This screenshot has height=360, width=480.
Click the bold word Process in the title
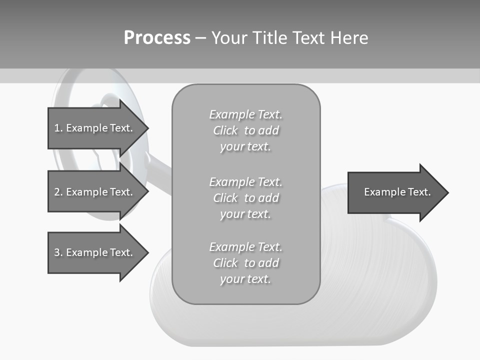point(157,38)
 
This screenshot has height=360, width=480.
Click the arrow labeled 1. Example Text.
point(95,128)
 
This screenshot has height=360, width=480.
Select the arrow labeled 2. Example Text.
point(95,192)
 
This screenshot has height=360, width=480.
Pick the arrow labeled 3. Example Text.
point(95,252)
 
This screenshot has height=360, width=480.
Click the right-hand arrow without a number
point(395,192)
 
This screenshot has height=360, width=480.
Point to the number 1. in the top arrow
point(58,128)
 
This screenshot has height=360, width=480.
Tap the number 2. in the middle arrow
point(58,192)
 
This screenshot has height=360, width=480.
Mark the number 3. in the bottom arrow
point(58,252)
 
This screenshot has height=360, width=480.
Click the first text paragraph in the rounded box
point(245,130)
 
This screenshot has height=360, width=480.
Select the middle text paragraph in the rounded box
point(245,198)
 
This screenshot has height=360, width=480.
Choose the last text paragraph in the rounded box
point(245,263)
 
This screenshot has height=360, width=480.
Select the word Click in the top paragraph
point(225,131)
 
